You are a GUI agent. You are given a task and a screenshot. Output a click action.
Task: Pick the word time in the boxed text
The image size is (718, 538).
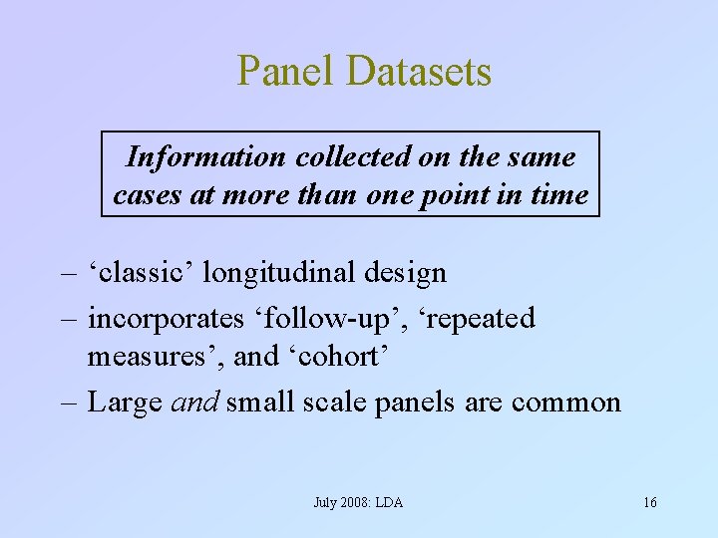[560, 195]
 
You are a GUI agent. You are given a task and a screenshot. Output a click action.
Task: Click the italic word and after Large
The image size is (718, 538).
[196, 403]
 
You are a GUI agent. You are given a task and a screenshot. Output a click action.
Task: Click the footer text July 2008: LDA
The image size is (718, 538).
[358, 502]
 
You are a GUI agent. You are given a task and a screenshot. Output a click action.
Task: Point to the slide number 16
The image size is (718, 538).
[649, 502]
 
